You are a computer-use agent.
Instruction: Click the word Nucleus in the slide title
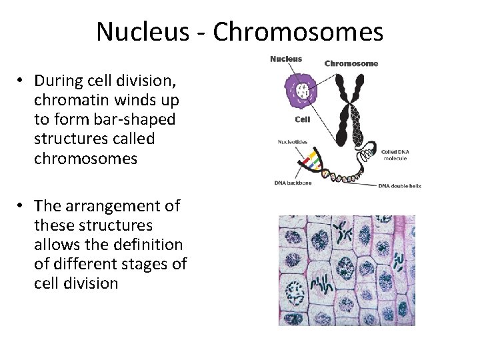(138, 31)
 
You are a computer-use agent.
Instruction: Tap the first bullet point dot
(22, 81)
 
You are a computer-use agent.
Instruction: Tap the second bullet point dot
(22, 206)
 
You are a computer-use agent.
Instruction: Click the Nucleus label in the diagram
(285, 59)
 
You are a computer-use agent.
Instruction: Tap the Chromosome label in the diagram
(351, 64)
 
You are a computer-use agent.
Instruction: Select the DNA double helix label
(399, 185)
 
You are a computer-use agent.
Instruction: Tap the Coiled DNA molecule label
(399, 155)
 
